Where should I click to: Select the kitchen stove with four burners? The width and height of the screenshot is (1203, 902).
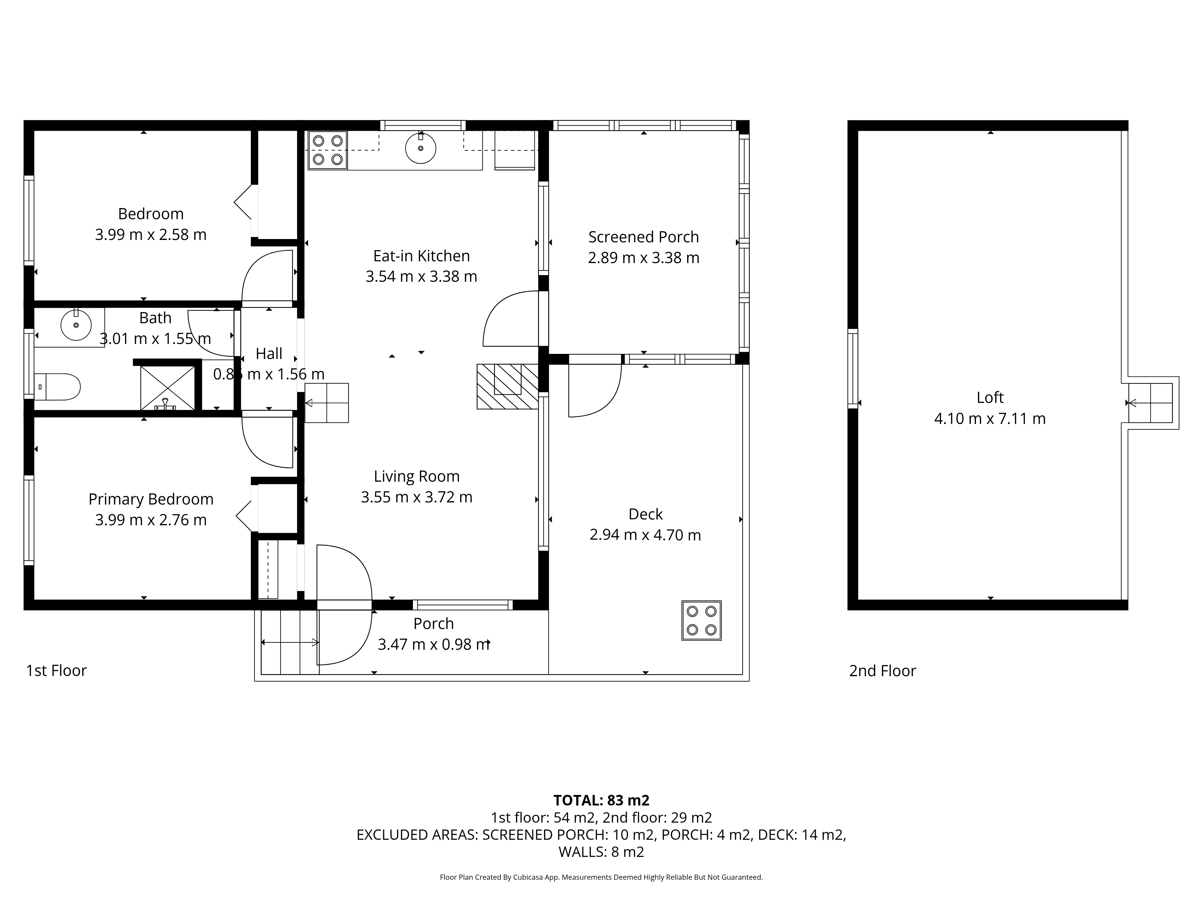click(x=328, y=150)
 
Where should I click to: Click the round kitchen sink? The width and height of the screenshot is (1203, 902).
click(x=420, y=148)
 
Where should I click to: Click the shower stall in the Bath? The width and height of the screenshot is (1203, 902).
click(x=168, y=388)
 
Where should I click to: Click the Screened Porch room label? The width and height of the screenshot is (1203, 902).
click(x=643, y=237)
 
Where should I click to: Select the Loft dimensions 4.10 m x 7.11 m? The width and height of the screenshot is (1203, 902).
click(x=990, y=419)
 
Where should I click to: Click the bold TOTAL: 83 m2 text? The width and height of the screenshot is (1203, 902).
click(x=601, y=800)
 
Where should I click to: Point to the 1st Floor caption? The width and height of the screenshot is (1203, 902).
click(x=57, y=670)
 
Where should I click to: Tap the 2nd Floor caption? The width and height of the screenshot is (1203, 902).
click(x=883, y=671)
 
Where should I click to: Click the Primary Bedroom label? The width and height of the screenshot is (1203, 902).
click(x=151, y=499)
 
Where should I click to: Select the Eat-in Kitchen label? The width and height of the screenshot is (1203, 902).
click(x=421, y=256)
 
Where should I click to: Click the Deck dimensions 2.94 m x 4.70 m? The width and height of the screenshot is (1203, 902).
click(x=645, y=535)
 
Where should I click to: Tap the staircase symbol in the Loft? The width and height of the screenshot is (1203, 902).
click(x=1150, y=403)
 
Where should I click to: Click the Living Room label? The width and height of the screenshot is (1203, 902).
click(x=417, y=476)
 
